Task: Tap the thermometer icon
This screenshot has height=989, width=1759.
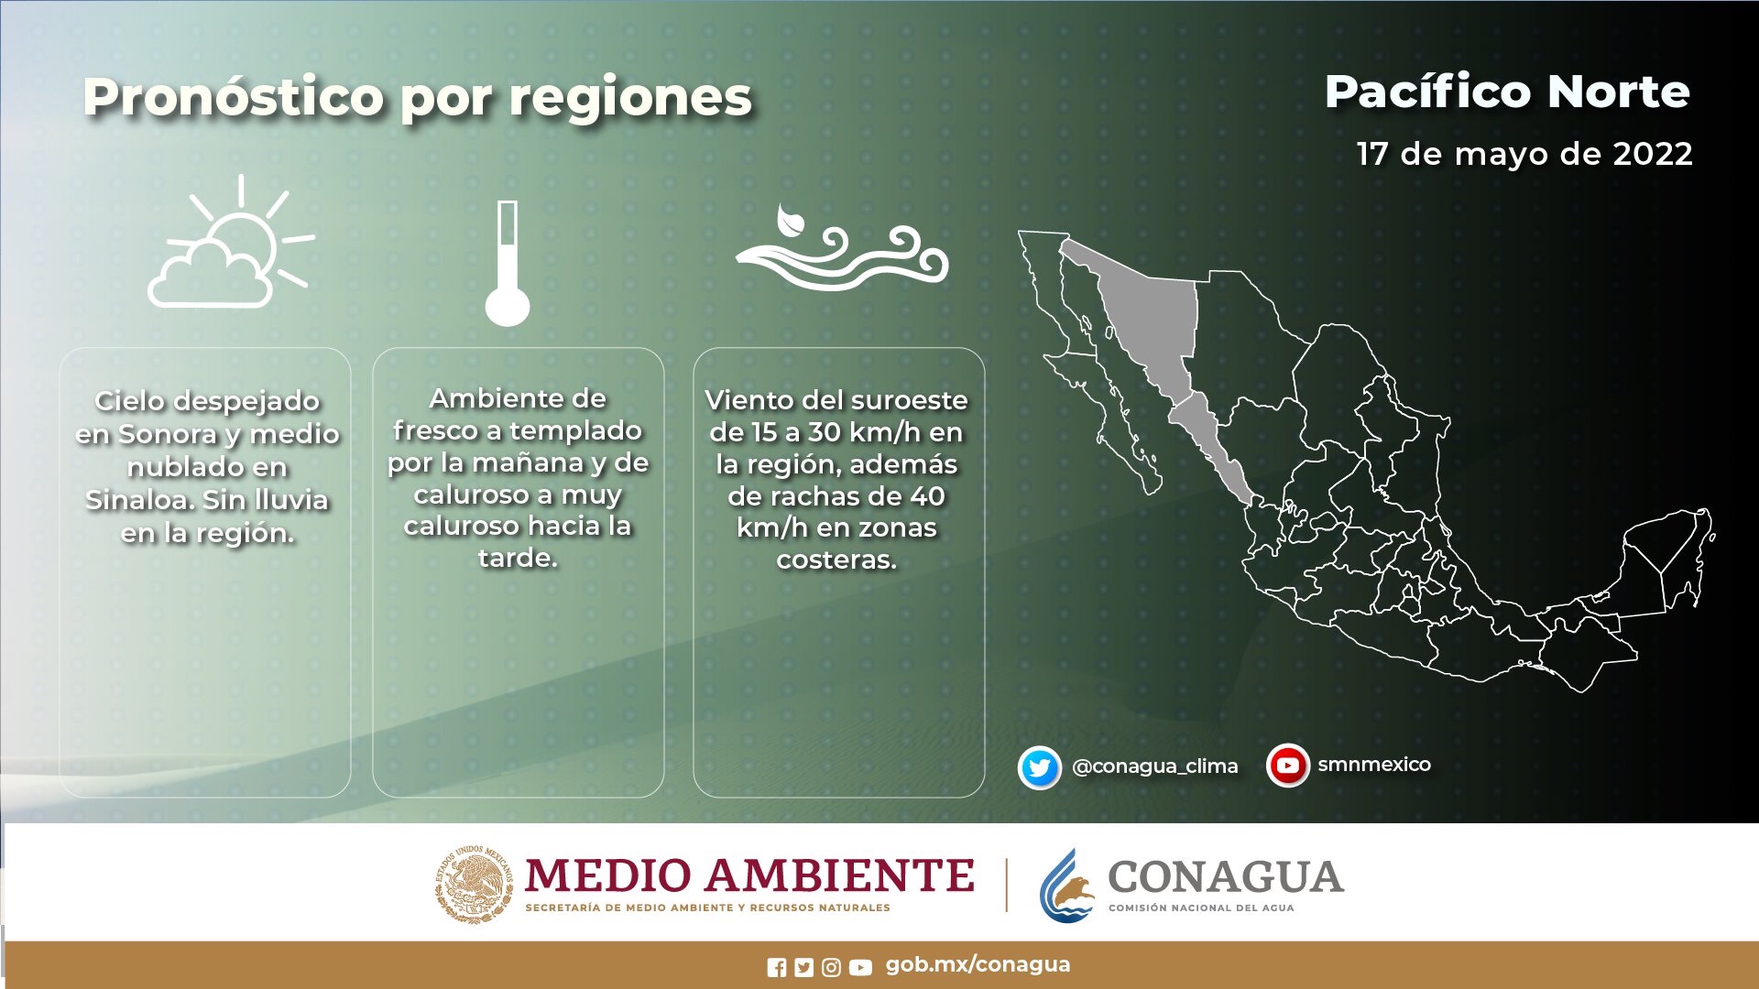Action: click(508, 263)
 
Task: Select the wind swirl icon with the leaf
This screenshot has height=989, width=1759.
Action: click(842, 247)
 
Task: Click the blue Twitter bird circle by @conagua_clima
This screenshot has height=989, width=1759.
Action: click(1039, 767)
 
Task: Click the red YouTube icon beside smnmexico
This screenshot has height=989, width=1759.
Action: click(1287, 765)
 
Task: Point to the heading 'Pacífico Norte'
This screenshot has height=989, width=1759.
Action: click(1507, 92)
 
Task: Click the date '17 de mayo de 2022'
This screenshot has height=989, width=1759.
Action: click(1524, 154)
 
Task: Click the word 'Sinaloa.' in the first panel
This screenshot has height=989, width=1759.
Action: click(139, 500)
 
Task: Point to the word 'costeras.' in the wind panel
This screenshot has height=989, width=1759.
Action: click(836, 560)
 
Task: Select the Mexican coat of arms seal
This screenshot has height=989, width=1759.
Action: click(474, 884)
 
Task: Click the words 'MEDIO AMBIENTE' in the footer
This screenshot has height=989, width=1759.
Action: click(749, 875)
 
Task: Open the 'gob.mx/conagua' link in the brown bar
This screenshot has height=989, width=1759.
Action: click(978, 964)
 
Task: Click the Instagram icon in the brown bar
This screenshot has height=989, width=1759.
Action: click(831, 967)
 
